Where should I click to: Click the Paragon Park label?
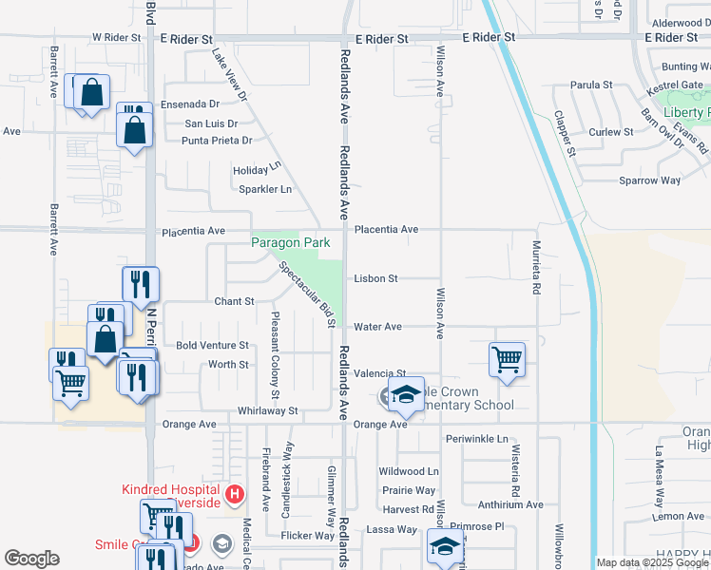(291, 242)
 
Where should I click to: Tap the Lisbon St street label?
(375, 279)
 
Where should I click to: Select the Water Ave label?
(377, 327)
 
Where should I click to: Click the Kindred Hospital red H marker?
(236, 496)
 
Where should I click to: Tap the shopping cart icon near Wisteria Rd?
(508, 359)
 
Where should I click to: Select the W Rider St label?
(116, 38)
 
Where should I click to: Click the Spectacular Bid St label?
(307, 294)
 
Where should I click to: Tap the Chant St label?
(234, 301)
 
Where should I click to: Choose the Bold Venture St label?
(212, 346)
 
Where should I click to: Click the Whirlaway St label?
(267, 411)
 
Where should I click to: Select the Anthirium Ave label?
(509, 505)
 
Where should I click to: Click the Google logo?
(31, 559)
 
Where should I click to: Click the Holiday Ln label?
(258, 171)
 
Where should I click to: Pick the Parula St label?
(591, 85)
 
